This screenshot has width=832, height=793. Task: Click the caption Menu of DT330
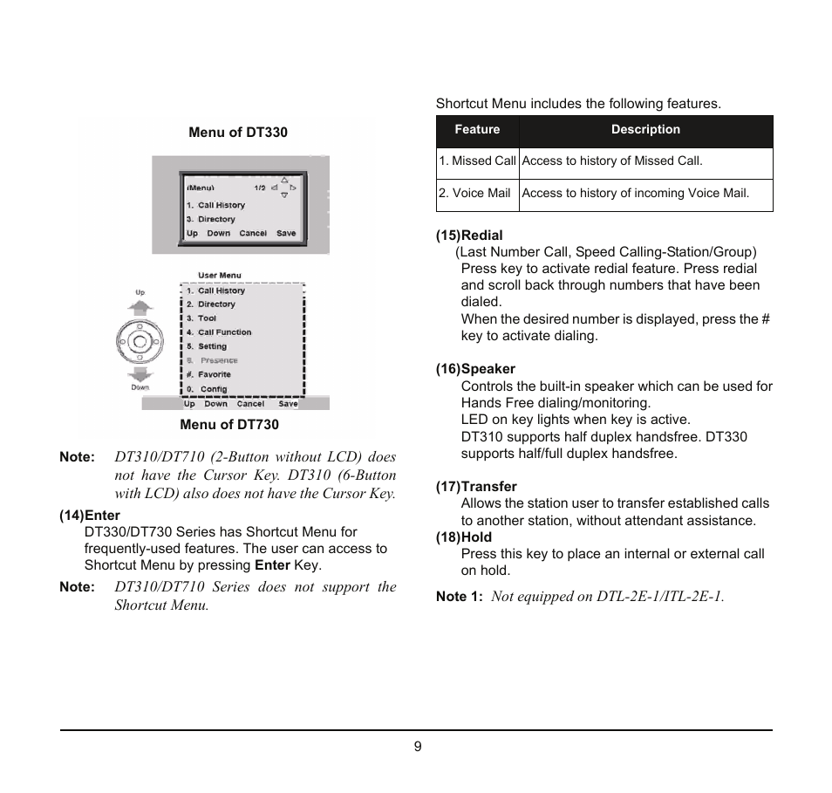tap(238, 133)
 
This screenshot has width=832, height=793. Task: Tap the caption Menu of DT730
tap(229, 425)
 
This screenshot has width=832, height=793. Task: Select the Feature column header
tap(477, 130)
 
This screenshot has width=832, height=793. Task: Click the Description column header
tap(645, 130)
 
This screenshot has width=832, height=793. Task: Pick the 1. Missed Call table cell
tap(478, 161)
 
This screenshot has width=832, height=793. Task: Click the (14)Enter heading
tap(90, 515)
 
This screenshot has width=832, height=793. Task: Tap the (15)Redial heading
tap(469, 236)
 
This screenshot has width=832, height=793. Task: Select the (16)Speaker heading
tap(475, 369)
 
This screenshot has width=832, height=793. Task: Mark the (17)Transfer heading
tap(476, 487)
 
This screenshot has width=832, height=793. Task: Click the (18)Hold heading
tap(464, 537)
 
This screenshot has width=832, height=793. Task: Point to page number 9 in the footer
tap(418, 747)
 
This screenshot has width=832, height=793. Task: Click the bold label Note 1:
tap(460, 597)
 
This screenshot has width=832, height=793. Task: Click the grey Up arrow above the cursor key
tap(140, 306)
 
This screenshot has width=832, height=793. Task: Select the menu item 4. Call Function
tap(218, 332)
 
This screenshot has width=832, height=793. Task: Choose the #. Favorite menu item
tap(208, 374)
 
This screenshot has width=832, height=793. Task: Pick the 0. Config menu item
tap(207, 389)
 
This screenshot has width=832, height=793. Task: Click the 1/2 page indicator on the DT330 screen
tap(259, 188)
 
